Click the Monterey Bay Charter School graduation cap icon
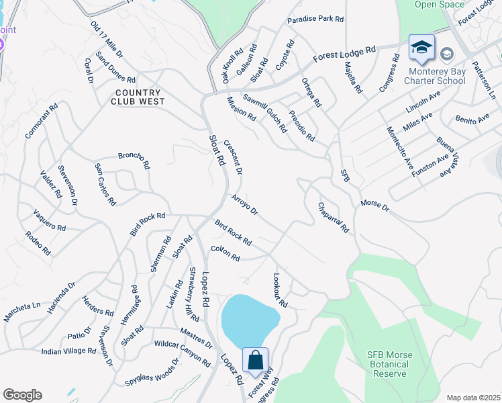(421, 47)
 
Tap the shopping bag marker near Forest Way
(256, 361)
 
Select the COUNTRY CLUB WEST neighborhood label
(138, 97)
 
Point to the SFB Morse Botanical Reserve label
(397, 364)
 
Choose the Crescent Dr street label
(232, 156)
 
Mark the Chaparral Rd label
(334, 217)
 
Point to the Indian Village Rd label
(68, 351)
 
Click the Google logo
(22, 395)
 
